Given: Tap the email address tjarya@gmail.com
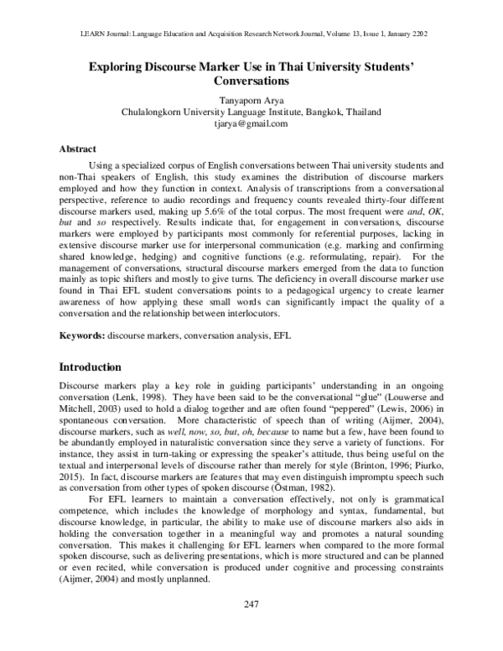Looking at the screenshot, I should (251, 122).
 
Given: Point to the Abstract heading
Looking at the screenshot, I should (77, 148).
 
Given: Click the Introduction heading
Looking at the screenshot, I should (98, 367).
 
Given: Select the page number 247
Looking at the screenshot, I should (251, 628).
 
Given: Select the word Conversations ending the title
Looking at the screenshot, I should (251, 83).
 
